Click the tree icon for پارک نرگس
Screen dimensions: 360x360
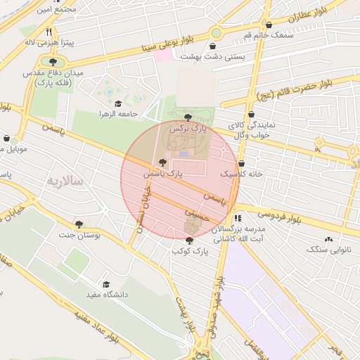point(187,117)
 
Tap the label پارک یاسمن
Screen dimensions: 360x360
point(163,172)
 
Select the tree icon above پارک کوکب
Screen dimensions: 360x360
point(189,240)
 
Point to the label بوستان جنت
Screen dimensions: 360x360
point(99,236)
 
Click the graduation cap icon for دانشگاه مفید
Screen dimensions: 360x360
point(107,284)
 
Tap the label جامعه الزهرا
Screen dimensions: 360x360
point(137,114)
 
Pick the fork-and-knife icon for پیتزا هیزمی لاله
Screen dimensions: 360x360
point(49,32)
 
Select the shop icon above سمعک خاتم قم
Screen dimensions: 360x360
point(269,25)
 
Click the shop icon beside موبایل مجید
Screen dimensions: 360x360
point(6,139)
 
